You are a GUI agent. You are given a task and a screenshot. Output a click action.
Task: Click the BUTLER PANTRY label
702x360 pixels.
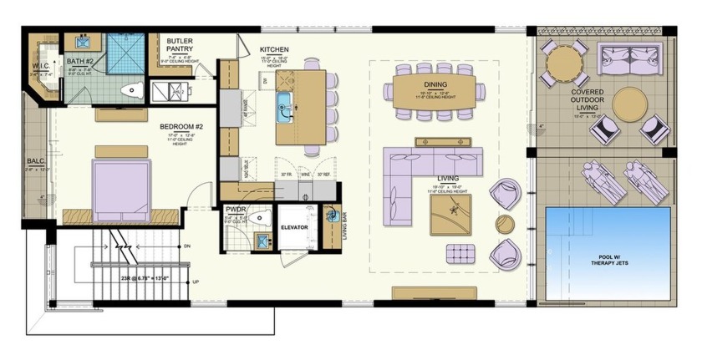[181, 45]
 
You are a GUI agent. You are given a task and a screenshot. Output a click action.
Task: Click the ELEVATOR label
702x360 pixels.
[296, 226]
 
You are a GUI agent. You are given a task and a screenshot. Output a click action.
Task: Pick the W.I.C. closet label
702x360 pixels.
[43, 67]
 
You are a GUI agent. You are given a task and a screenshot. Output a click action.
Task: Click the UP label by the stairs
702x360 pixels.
[196, 282]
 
